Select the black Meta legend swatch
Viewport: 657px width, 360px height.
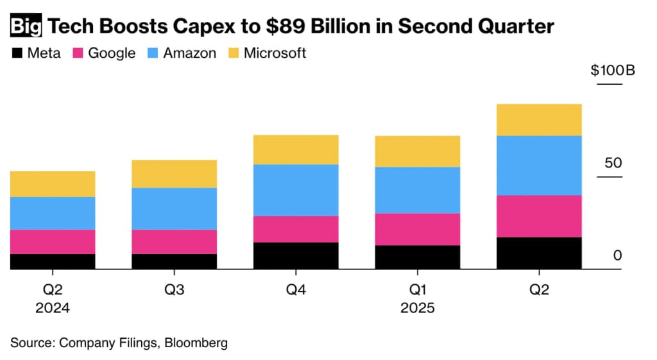17,53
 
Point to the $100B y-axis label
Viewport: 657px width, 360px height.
613,71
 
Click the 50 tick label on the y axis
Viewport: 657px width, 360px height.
613,162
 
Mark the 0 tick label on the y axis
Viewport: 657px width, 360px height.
617,255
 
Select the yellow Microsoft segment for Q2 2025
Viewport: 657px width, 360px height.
539,119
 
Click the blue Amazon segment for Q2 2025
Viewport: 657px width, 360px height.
539,165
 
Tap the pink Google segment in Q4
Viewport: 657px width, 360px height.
296,228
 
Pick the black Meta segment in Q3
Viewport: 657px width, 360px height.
174,261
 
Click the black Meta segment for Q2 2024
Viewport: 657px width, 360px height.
53,261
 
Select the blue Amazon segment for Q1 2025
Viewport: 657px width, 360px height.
417,190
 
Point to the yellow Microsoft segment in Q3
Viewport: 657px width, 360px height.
174,174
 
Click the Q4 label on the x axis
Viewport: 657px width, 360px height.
296,289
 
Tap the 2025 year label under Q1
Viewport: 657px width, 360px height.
417,308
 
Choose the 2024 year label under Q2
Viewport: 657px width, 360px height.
53,308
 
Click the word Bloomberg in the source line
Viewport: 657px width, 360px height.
196,343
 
